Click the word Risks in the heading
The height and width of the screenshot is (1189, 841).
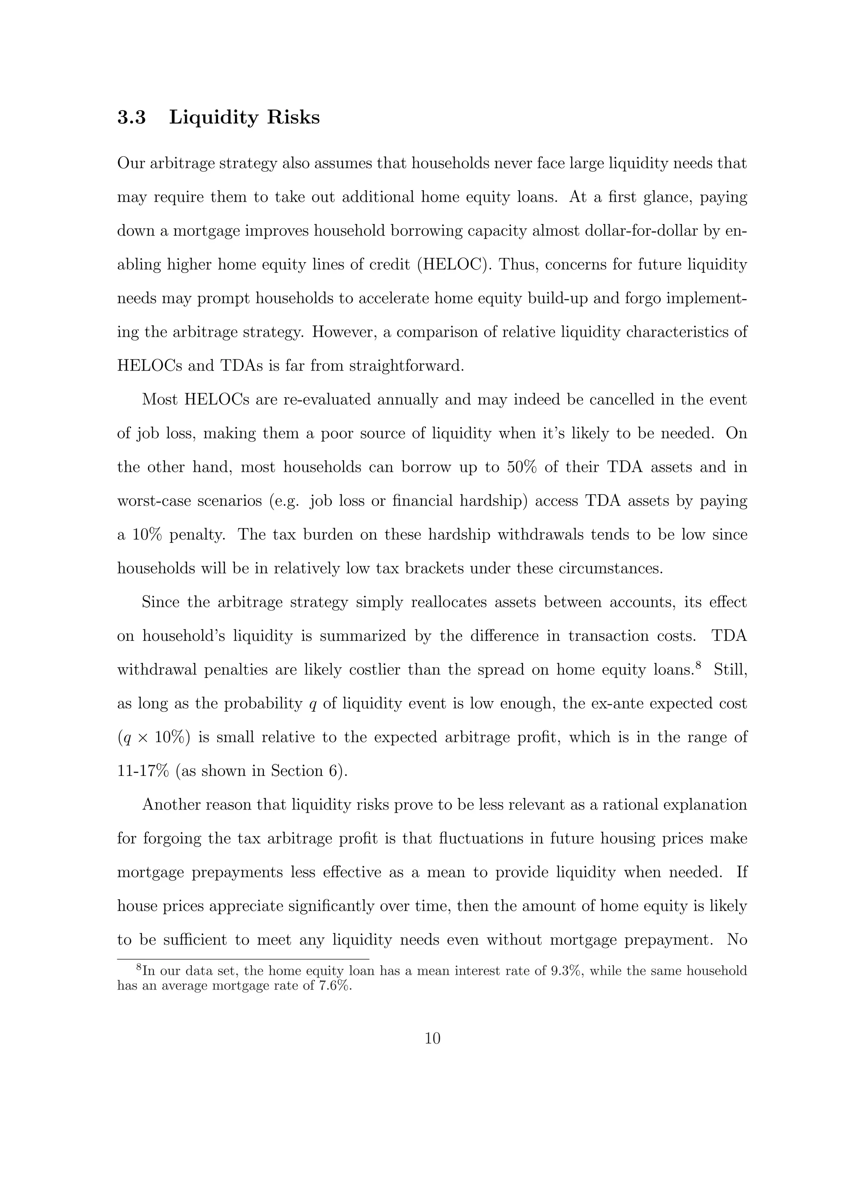pos(293,118)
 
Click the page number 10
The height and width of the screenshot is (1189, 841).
pos(432,1038)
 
